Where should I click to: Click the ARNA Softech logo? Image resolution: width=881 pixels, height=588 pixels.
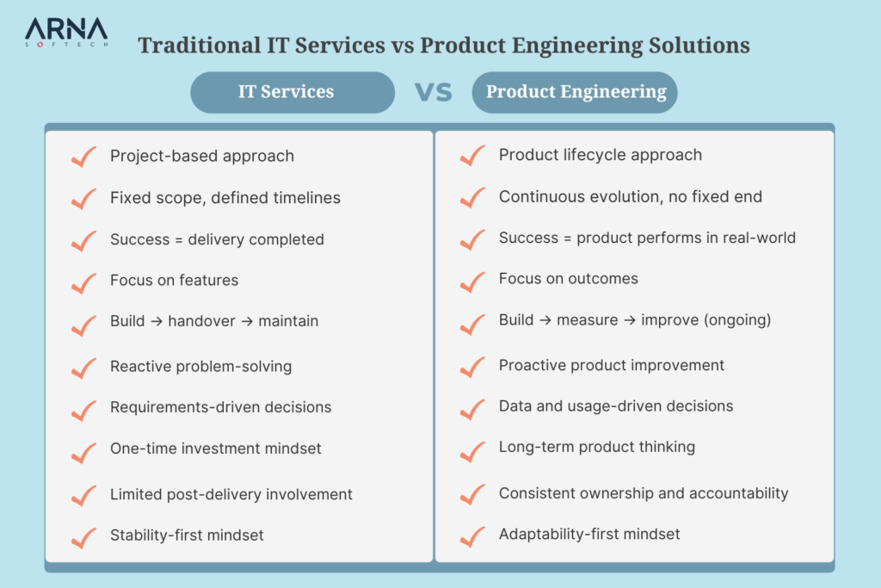[66, 32]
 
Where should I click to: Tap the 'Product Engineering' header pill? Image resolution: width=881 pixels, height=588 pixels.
[576, 92]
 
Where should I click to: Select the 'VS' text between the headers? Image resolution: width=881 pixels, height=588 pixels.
[434, 92]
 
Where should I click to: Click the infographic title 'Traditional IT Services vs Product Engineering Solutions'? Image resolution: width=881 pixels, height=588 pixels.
[444, 45]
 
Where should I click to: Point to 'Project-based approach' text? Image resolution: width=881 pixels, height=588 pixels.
[202, 156]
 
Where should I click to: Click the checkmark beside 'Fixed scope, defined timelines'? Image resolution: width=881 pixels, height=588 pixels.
[83, 199]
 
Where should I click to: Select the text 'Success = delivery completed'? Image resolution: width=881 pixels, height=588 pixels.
[217, 239]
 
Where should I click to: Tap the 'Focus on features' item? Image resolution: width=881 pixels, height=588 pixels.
[174, 280]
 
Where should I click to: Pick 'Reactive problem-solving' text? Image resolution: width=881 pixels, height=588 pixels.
[200, 366]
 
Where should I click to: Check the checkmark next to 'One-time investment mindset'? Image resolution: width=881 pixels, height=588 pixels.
[83, 450]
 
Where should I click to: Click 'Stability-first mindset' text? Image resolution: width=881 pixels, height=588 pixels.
[187, 535]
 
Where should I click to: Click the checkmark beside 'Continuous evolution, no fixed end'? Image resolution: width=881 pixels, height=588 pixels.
[472, 197]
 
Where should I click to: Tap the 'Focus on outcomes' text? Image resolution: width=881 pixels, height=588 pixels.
[568, 279]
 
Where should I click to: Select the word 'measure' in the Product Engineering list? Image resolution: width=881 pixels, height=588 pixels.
[588, 320]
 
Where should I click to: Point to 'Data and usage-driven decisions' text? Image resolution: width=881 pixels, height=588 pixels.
[616, 405]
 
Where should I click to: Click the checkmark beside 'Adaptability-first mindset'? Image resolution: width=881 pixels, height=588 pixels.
[472, 536]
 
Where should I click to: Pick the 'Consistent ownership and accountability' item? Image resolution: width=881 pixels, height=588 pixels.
[644, 493]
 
